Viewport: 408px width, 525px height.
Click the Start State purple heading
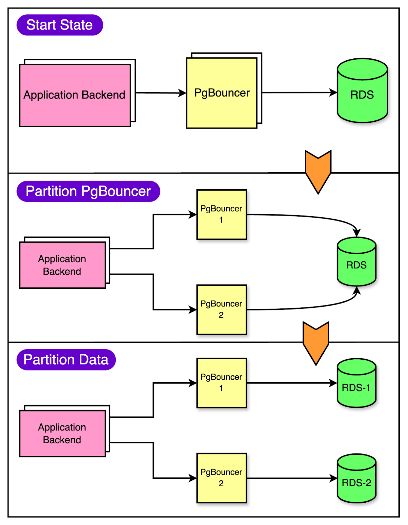pyautogui.click(x=60, y=25)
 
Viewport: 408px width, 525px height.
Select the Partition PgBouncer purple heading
pyautogui.click(x=88, y=191)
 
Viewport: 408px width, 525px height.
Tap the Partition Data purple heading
pyautogui.click(x=66, y=360)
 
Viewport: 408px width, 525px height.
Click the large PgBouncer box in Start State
pyautogui.click(x=222, y=93)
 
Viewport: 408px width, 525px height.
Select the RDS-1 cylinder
pyautogui.click(x=357, y=384)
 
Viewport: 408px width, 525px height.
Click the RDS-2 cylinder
pyautogui.click(x=357, y=479)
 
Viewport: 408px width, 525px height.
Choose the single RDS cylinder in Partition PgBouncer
pyautogui.click(x=357, y=262)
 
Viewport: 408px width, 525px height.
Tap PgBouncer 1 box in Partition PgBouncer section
pyautogui.click(x=221, y=214)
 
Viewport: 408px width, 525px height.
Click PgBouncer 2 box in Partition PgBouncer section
pyautogui.click(x=221, y=309)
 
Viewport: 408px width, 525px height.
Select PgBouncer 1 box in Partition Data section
pyautogui.click(x=221, y=383)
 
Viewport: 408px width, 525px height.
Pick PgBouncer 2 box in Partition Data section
pyautogui.click(x=221, y=478)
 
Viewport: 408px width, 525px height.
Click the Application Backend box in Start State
pyautogui.click(x=75, y=95)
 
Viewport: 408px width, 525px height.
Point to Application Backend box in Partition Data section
pyautogui.click(x=62, y=433)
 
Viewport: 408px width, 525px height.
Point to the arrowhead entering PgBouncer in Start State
pyautogui.click(x=183, y=93)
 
